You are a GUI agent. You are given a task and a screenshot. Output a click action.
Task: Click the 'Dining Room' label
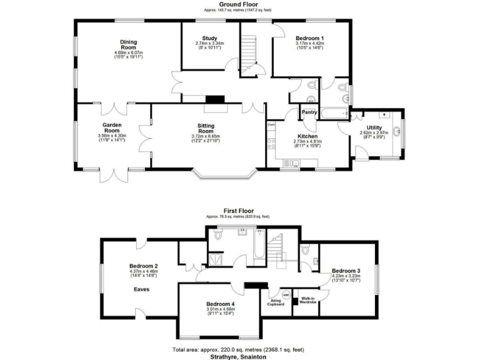click(129, 45)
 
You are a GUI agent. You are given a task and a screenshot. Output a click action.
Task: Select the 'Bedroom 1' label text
click(309, 38)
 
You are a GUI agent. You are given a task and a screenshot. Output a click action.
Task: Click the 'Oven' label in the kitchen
click(271, 125)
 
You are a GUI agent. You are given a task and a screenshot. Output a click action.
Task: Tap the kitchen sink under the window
click(291, 163)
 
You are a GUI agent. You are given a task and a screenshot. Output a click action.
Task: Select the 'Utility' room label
click(374, 127)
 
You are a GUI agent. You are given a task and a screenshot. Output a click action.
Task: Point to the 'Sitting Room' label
click(206, 128)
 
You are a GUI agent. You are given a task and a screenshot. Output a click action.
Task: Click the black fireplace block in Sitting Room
click(216, 98)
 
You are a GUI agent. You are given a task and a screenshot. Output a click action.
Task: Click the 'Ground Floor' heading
click(240, 4)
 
